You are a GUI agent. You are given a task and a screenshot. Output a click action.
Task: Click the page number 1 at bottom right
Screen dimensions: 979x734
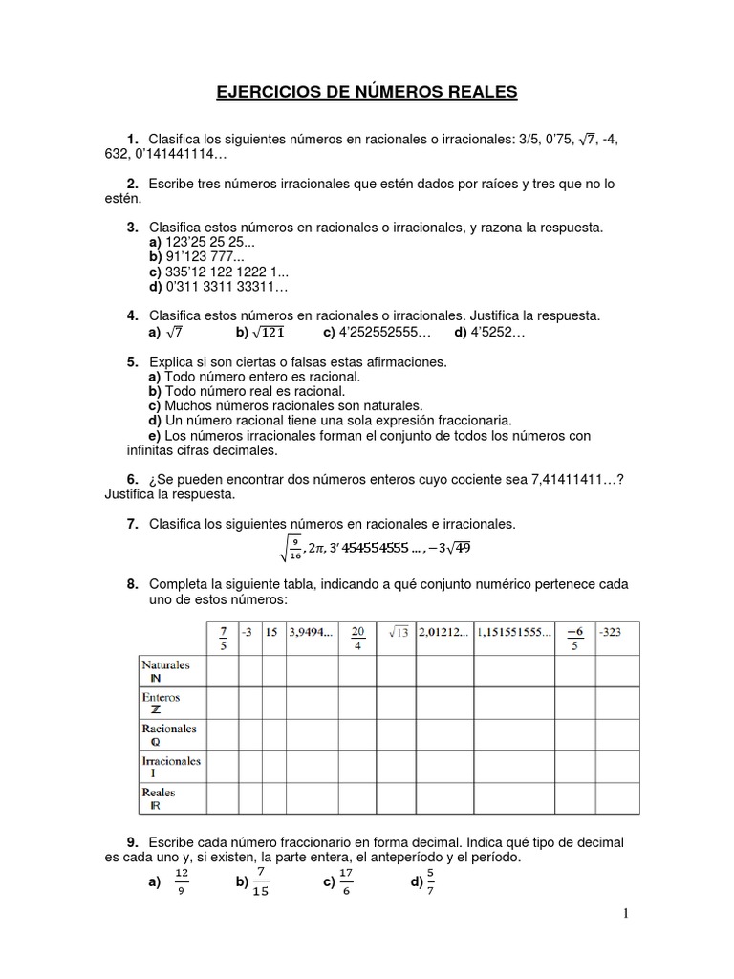tap(626, 915)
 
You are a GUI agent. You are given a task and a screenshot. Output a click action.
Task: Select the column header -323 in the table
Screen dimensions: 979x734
tap(611, 631)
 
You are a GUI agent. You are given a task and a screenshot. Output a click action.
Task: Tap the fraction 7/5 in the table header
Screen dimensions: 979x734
tap(223, 637)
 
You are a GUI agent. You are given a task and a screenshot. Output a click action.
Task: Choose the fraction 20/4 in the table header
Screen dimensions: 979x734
tap(358, 637)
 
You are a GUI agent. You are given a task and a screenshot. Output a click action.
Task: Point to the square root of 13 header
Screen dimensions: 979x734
tap(397, 631)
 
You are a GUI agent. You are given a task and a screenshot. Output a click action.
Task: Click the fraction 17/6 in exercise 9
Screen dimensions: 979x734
tap(346, 881)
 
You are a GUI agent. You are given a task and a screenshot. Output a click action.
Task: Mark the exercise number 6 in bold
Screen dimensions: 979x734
tap(133, 478)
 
